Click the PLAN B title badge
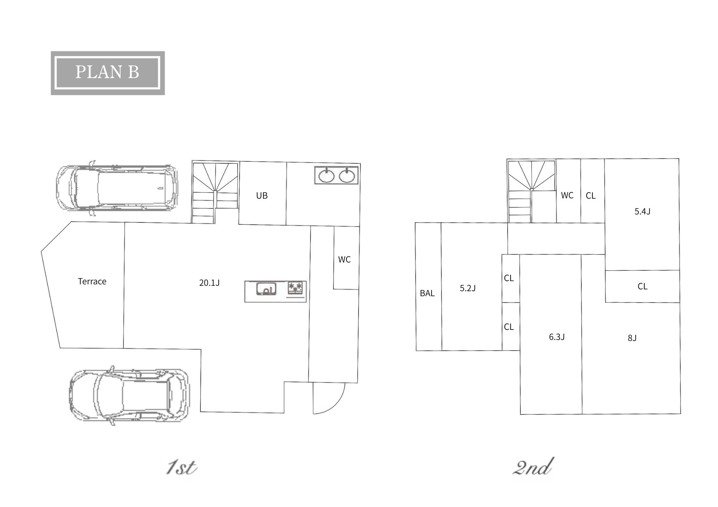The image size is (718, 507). (x=108, y=73)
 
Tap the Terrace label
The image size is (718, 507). (x=92, y=281)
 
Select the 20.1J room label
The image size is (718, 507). (x=209, y=283)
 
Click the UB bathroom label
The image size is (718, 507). (x=262, y=196)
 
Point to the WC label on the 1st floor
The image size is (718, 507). (x=344, y=260)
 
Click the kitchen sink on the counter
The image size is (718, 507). (x=266, y=289)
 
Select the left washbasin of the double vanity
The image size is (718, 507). (x=327, y=176)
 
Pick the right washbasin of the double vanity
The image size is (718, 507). (x=347, y=176)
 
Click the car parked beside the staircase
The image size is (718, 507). (x=117, y=188)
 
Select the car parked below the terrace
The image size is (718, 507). (x=129, y=395)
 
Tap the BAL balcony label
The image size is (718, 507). (x=427, y=293)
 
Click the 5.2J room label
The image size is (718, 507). (x=468, y=288)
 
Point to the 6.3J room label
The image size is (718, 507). (x=557, y=337)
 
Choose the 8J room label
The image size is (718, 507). (x=632, y=338)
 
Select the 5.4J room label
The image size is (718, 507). (x=642, y=212)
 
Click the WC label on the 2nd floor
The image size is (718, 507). (x=567, y=195)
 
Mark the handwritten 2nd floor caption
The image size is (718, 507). (x=532, y=467)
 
